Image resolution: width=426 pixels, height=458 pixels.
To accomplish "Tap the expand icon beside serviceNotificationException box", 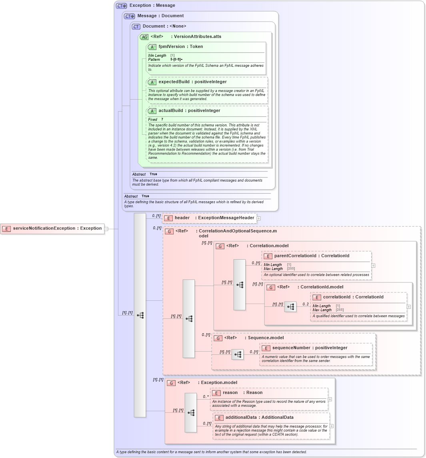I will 106,229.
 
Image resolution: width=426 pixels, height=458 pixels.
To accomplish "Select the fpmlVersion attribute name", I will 172,47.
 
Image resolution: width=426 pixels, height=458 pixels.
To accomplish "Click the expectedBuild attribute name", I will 174,82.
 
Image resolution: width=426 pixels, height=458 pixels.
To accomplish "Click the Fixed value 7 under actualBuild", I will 162,120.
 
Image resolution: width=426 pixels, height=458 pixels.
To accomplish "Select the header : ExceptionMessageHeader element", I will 214,218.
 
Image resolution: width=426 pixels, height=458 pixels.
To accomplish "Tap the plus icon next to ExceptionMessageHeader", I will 259,218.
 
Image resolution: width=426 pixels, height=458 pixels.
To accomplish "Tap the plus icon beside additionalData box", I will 331,426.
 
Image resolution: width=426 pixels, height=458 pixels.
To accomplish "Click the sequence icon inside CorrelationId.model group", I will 290,307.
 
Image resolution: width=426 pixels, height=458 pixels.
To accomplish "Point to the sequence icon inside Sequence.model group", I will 238,354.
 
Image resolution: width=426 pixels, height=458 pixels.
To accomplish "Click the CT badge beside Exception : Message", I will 121,6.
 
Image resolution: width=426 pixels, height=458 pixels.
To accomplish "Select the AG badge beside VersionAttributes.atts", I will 144,37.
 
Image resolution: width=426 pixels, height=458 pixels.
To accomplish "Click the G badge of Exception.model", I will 171,383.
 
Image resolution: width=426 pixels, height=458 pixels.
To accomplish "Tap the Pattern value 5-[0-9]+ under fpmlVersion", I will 176,60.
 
